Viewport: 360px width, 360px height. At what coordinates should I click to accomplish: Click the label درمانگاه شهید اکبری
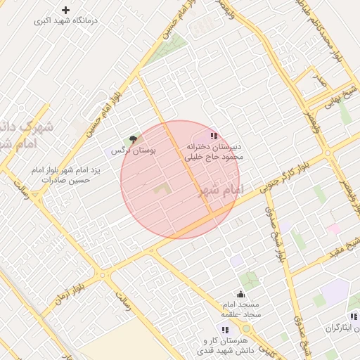(67, 21)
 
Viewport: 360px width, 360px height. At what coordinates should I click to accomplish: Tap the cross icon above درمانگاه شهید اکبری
(66, 10)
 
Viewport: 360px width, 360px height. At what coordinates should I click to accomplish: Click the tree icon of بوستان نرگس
(133, 140)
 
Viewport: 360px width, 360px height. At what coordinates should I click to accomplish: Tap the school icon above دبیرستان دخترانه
(214, 136)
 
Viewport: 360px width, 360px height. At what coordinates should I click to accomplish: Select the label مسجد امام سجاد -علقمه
(241, 309)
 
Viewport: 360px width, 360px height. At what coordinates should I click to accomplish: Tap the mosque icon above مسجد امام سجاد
(241, 294)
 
